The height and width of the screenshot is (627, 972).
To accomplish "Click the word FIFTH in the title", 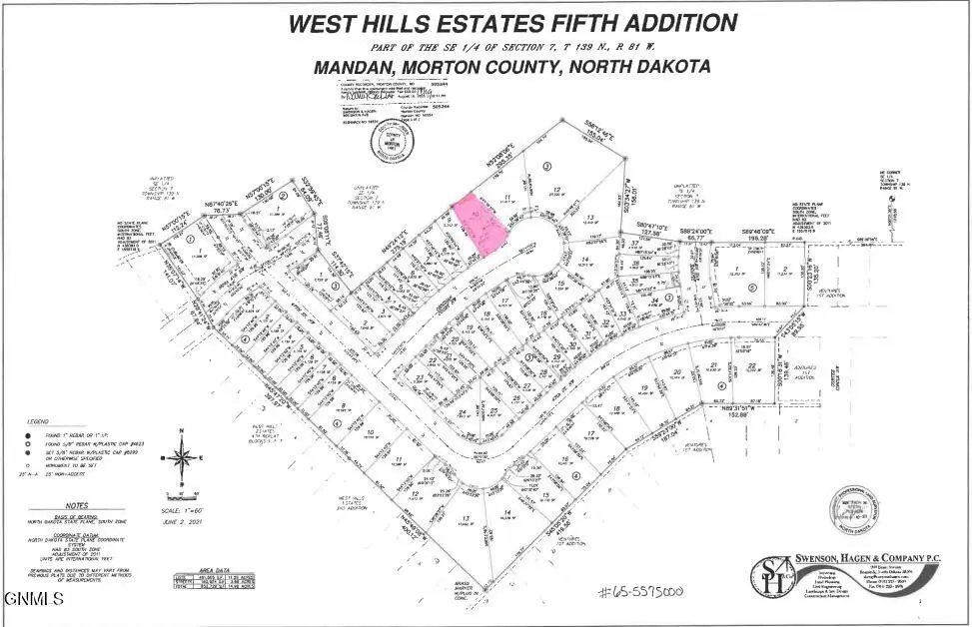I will click(x=574, y=24).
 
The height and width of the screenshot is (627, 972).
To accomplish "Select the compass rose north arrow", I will click(x=183, y=458).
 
